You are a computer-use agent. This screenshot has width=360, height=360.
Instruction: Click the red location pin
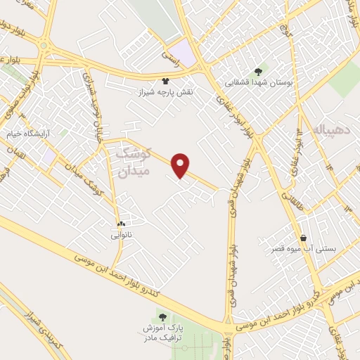[x=181, y=165]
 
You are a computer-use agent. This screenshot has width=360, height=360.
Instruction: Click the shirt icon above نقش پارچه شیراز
[x=166, y=82]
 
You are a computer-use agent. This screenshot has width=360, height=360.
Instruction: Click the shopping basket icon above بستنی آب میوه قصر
[x=304, y=238]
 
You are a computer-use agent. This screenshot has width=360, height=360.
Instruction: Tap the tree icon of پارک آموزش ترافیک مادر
[x=163, y=318]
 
